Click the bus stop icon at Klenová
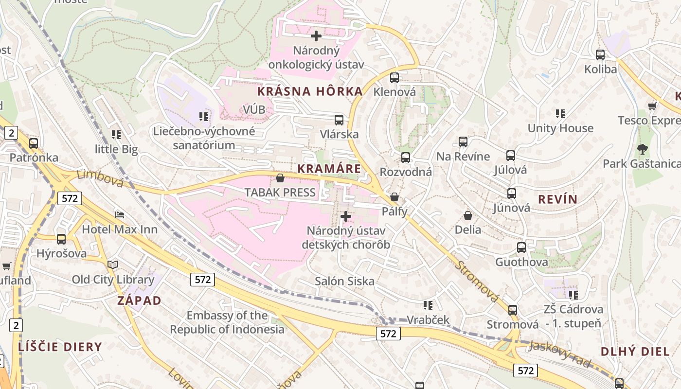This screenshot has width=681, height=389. [394, 78]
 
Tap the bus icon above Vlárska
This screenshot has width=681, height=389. [339, 120]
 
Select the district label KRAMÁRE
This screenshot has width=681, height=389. [329, 169]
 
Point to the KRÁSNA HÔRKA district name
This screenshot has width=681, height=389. [310, 91]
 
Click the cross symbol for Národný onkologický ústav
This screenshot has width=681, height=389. [316, 36]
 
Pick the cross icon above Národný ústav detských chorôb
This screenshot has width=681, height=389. [346, 216]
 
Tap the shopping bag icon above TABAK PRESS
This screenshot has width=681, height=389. [280, 178]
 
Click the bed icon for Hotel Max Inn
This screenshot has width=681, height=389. [120, 214]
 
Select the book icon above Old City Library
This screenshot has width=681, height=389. [113, 265]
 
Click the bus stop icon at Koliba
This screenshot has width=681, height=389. [600, 55]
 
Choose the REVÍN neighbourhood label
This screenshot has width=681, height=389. [558, 199]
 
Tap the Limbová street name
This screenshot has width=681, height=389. [100, 178]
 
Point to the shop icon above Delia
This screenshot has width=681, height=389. [468, 215]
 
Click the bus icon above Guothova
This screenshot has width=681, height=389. [521, 248]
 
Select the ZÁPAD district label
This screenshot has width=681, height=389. [139, 301]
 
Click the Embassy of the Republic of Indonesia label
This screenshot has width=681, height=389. [227, 322]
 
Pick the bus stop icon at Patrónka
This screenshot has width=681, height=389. [34, 143]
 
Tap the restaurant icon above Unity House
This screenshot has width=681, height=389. [560, 114]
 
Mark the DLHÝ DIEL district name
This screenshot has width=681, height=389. [635, 352]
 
